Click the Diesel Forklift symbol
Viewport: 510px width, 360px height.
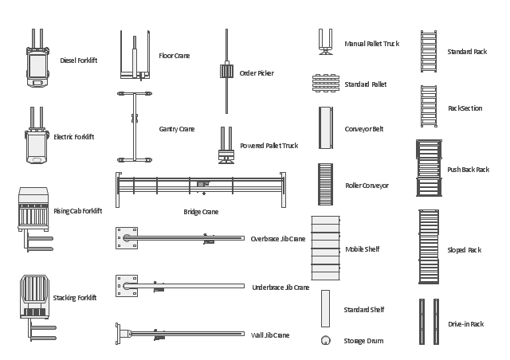tap(37, 59)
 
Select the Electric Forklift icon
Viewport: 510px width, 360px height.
tap(37, 138)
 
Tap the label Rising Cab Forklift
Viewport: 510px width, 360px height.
tap(78, 211)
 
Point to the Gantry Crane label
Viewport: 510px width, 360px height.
tap(176, 129)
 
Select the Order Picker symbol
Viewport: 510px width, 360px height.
tap(226, 72)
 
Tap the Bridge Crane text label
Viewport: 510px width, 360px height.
tap(200, 212)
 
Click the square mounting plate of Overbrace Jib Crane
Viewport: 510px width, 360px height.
tap(126, 237)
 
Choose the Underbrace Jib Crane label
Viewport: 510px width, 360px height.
tap(280, 288)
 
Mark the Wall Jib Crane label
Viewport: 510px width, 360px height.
tap(270, 335)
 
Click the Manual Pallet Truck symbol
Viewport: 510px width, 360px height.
tap(325, 43)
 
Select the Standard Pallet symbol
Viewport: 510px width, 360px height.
tap(326, 84)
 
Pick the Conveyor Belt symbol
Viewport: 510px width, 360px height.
tap(325, 127)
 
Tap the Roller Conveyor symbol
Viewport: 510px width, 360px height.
tap(325, 185)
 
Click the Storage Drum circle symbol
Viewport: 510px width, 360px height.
tap(325, 341)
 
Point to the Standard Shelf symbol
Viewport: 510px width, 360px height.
tap(325, 308)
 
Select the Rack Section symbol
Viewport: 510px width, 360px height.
tap(429, 107)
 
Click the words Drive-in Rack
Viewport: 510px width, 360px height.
tap(465, 324)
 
